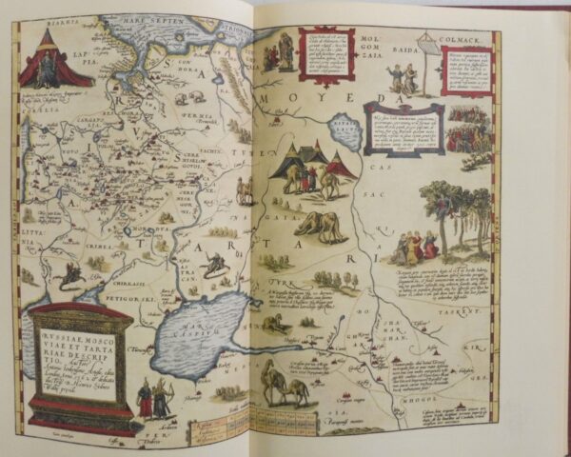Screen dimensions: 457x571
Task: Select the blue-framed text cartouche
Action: click(404, 129)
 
